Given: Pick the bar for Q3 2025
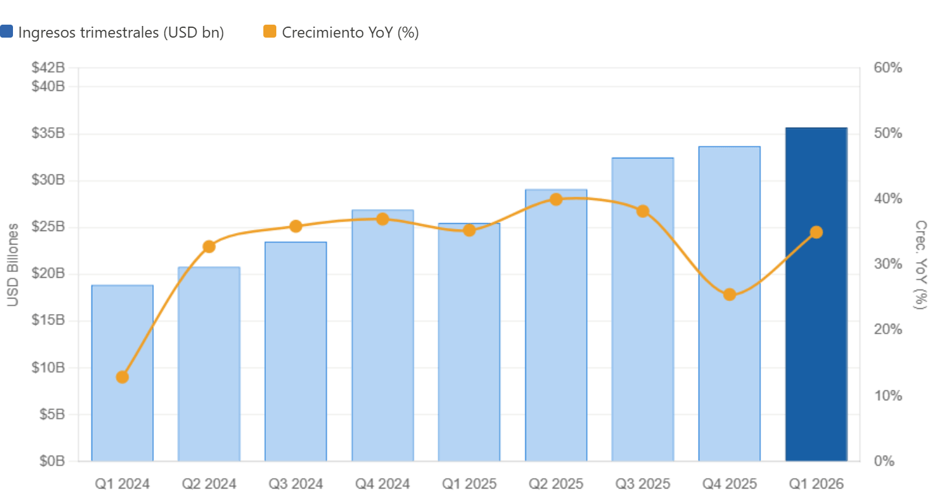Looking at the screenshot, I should pyautogui.click(x=643, y=324).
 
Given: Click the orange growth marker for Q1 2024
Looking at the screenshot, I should pyautogui.click(x=122, y=377).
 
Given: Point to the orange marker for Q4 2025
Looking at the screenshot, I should pyautogui.click(x=730, y=295).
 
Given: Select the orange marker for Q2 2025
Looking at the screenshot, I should pyautogui.click(x=556, y=199).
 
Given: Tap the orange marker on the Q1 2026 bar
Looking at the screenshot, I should pyautogui.click(x=816, y=232).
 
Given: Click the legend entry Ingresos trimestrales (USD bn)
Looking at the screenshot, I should pyautogui.click(x=121, y=32).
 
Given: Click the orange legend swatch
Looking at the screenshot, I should pyautogui.click(x=270, y=32).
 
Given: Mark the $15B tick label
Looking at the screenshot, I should pyautogui.click(x=48, y=321).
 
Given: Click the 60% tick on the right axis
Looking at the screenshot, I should pyautogui.click(x=888, y=67).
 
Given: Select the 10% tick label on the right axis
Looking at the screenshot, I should pyautogui.click(x=888, y=395).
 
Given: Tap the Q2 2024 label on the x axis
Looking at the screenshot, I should pyautogui.click(x=209, y=484).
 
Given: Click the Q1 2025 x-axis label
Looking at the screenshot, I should pyautogui.click(x=469, y=484).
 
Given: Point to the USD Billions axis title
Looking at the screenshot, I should pyautogui.click(x=14, y=264).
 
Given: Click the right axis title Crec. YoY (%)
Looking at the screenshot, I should pyautogui.click(x=920, y=264).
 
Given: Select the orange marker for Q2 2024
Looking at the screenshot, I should pyautogui.click(x=209, y=247).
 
